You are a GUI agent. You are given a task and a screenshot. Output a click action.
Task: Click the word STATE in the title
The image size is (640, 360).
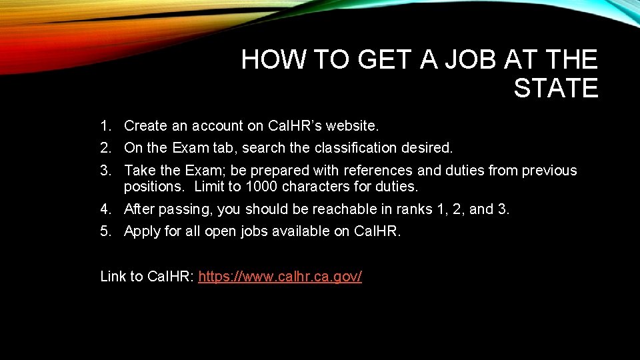555,88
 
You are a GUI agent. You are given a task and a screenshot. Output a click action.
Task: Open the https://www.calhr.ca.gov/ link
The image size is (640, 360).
280,277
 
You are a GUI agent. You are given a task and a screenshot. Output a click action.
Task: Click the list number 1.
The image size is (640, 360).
105,125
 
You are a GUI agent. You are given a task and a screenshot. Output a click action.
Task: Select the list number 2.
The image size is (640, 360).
105,147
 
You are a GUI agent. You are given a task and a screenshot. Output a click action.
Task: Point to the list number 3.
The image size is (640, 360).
105,171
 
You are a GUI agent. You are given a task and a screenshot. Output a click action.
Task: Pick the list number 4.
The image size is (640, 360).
105,209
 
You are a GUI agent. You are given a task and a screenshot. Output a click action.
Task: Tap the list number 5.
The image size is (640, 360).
105,231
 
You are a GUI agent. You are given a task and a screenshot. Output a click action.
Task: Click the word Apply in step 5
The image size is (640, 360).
143,231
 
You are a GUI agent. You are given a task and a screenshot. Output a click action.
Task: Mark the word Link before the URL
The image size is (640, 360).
113,277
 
